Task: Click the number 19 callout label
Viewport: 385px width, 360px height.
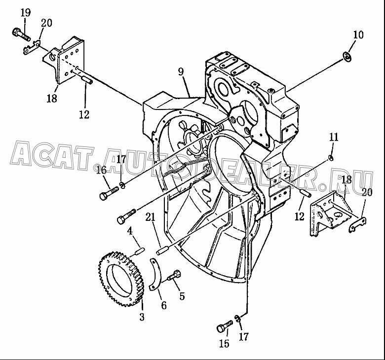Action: coord(26,12)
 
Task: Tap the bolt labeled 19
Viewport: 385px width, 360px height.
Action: coord(21,35)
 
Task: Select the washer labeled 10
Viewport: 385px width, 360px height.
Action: coord(347,57)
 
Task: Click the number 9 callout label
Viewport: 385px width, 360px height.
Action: coord(181,72)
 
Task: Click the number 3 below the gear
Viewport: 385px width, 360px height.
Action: coord(142,317)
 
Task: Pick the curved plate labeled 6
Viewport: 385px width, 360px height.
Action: coord(156,272)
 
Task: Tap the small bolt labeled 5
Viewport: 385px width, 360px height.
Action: coord(174,275)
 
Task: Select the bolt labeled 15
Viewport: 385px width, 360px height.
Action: coord(225,326)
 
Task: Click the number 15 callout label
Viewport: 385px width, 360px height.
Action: coord(225,343)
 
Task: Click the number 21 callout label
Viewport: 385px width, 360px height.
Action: coord(150,217)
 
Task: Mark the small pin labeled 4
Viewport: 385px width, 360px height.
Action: coord(140,252)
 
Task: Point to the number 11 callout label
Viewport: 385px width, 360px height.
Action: coord(334,137)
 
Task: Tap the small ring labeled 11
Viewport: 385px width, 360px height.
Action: coord(331,158)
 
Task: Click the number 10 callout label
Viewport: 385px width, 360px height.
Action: coord(358,35)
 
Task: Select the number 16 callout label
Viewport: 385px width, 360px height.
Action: coord(101,170)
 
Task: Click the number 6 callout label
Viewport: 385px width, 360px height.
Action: coord(163,305)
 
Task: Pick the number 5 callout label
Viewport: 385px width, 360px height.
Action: coord(182,296)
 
